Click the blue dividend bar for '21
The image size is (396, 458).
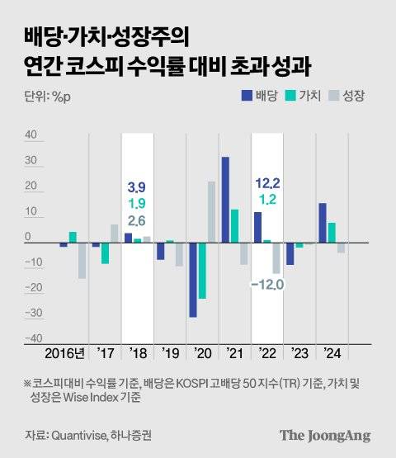[225, 200]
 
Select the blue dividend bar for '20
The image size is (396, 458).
[193, 280]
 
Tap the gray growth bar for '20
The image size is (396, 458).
[212, 212]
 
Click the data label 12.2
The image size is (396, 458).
[267, 182]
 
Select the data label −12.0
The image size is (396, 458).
[267, 285]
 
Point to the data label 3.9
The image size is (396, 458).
[138, 187]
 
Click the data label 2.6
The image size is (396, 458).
[138, 220]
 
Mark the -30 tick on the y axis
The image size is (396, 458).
[32, 314]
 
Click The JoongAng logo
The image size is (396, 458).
[324, 435]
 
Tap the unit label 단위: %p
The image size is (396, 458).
[41, 96]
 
